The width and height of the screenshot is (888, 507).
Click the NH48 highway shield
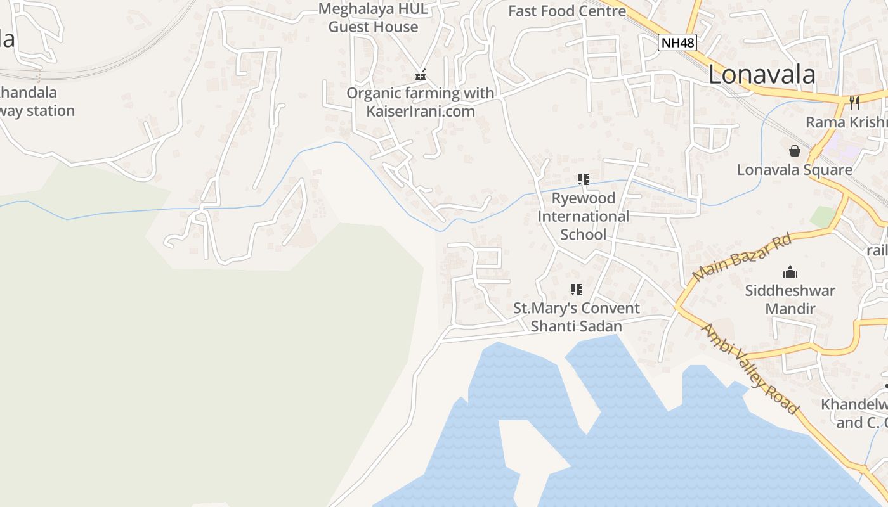[x=677, y=43]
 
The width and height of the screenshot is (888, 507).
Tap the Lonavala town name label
[x=761, y=75]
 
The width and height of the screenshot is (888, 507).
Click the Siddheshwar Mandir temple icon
[x=790, y=272]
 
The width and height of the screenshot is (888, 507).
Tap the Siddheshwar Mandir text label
[x=790, y=300]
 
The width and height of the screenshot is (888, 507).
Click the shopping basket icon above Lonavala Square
[x=794, y=151]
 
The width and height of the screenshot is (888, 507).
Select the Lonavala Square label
[x=794, y=170]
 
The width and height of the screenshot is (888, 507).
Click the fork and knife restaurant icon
[x=854, y=103]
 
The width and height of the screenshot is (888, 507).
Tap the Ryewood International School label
[x=583, y=216]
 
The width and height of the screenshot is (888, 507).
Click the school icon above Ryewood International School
[x=584, y=179]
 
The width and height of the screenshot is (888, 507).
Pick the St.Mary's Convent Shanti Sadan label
[x=576, y=317]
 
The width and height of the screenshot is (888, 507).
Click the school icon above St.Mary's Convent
[x=576, y=290]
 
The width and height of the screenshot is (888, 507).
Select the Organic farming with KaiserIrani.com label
[x=420, y=102]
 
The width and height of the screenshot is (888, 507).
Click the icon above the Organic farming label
[x=420, y=75]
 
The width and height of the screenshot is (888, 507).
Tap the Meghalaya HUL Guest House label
[x=373, y=18]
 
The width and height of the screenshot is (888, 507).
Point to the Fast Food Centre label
[x=567, y=11]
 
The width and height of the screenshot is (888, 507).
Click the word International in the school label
[x=583, y=216]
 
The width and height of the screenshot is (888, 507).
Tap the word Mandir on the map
[x=790, y=309]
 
